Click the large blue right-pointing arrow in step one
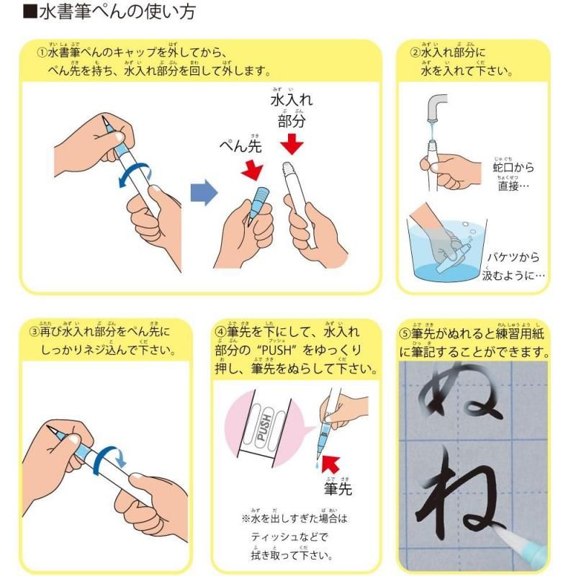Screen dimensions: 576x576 pyautogui.click(x=204, y=193)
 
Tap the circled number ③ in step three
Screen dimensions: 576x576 pyautogui.click(x=34, y=333)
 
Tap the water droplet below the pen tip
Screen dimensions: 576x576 pyautogui.click(x=318, y=468)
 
